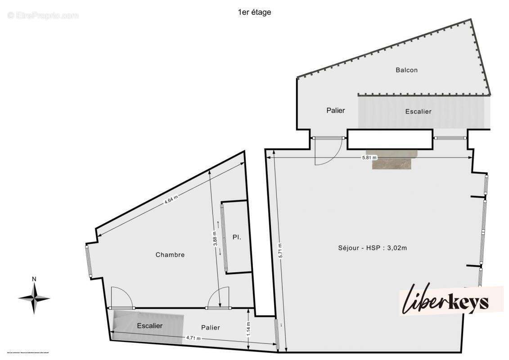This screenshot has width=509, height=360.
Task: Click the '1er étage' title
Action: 254,13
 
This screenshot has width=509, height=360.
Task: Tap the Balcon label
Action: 406,70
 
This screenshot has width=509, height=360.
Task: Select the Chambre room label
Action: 170,255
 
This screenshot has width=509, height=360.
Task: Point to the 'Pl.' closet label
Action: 237,237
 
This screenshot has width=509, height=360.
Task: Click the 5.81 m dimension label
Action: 369,158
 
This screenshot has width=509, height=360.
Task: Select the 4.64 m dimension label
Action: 171,198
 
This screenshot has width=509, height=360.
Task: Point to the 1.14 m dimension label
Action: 248,327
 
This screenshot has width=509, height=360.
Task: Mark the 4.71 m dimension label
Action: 194,338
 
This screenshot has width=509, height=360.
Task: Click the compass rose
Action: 34,298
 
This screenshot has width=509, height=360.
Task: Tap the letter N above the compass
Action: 34,279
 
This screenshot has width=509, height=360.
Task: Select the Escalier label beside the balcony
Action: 418,112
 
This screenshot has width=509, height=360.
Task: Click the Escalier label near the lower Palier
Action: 150,326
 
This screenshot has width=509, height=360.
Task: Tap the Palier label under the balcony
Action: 335,110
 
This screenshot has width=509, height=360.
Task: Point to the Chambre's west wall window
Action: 88,261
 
